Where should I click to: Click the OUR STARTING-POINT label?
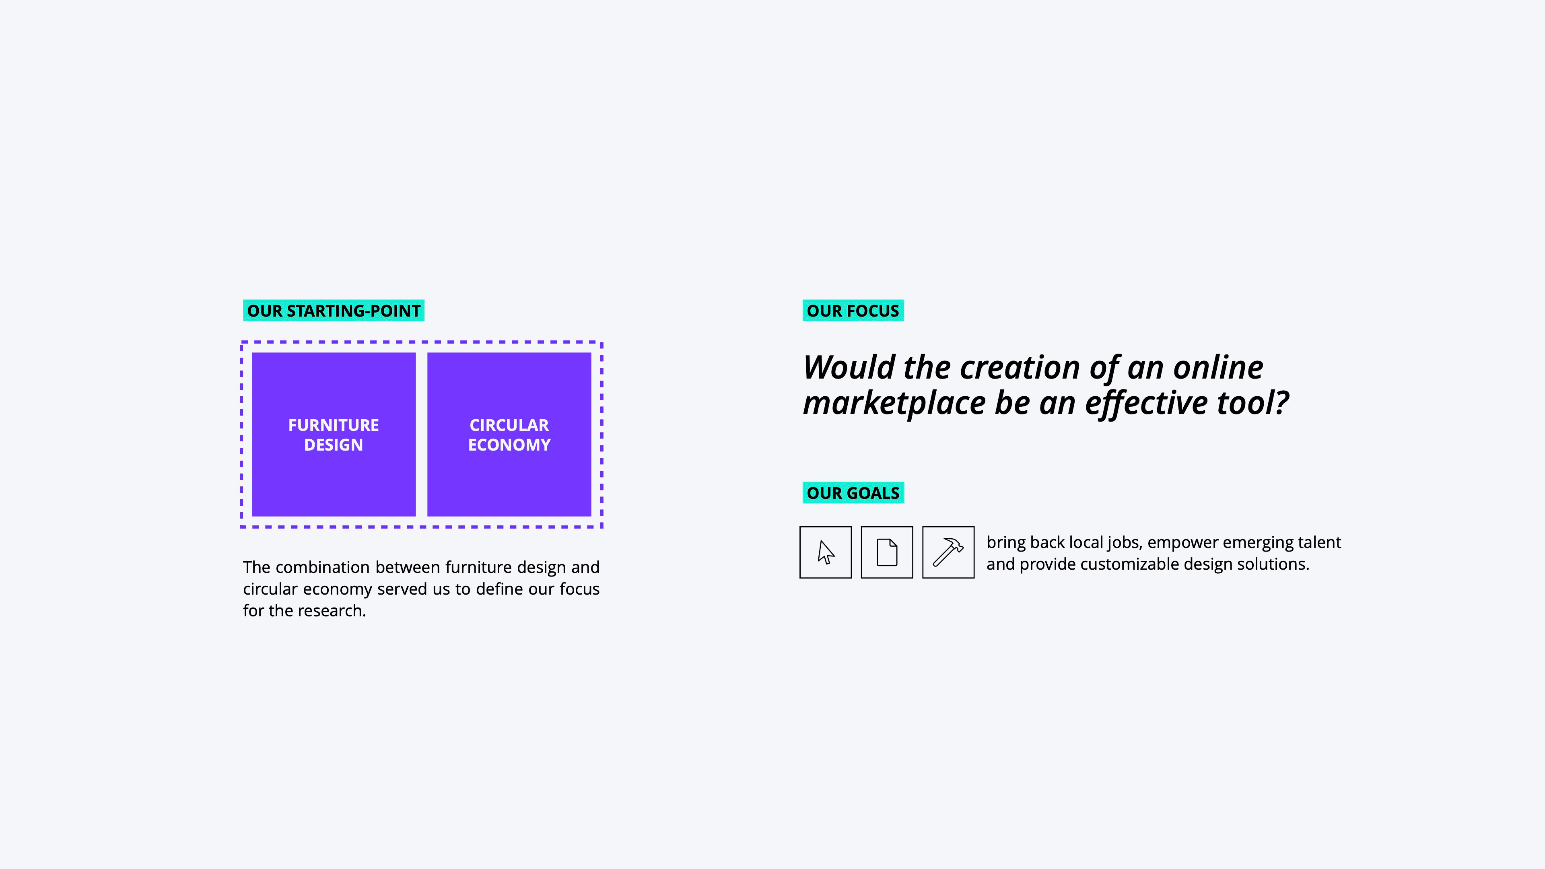point(334,311)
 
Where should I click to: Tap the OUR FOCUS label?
point(853,311)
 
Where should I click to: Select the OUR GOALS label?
point(853,493)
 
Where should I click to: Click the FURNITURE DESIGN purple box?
point(334,434)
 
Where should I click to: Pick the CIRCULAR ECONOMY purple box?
point(509,434)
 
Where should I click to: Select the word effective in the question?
point(1146,404)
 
